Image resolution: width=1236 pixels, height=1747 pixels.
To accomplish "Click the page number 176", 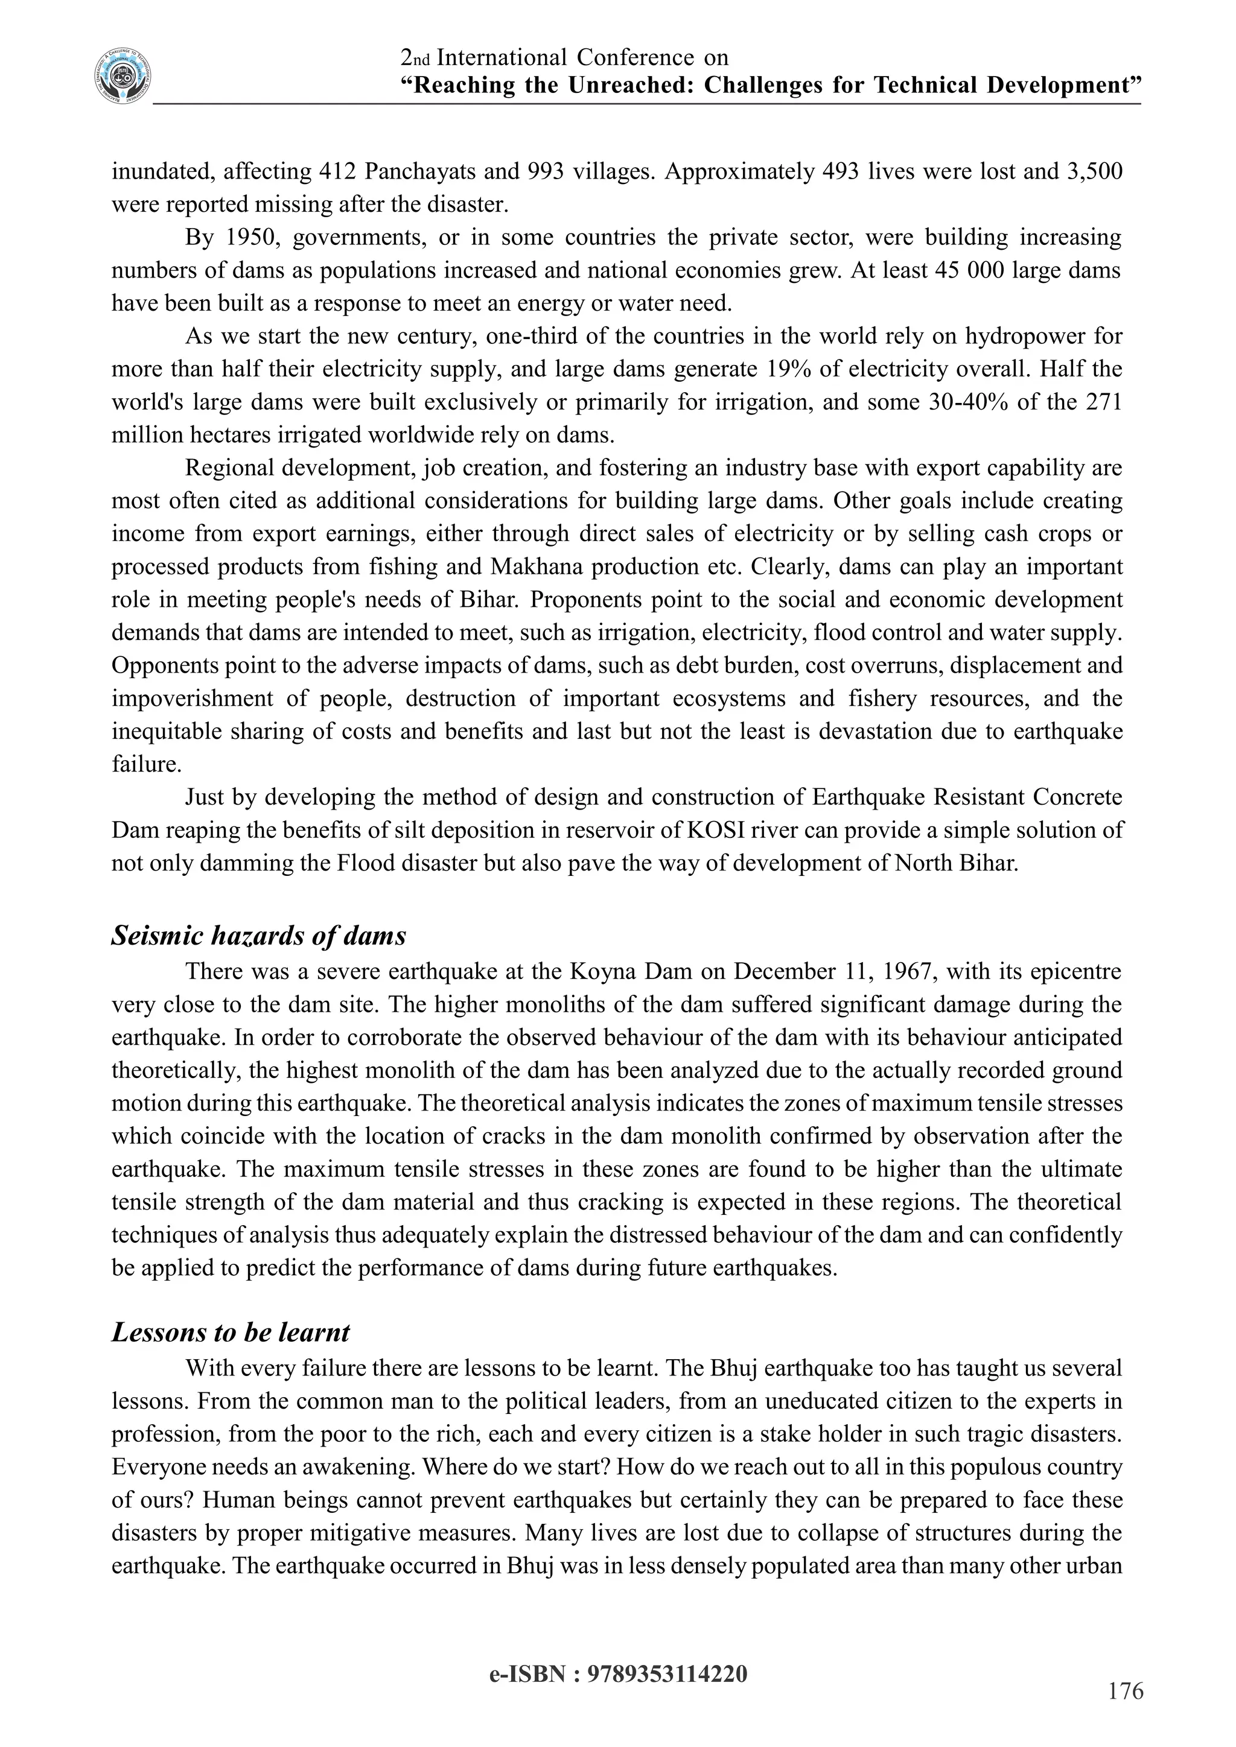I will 1126,1691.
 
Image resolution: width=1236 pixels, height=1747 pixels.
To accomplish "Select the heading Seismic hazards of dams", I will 259,935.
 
